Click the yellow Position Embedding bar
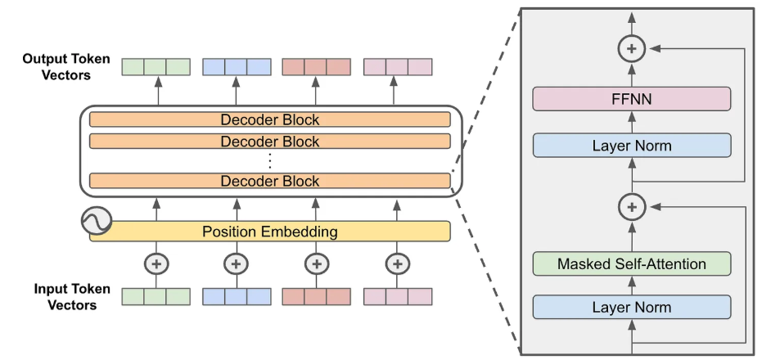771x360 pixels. [x=270, y=232]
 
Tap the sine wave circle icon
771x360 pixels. [x=97, y=220]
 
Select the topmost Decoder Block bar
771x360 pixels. [x=270, y=119]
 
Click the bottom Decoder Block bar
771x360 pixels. [x=270, y=181]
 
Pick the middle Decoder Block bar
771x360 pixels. [x=270, y=141]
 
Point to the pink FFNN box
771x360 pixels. [x=631, y=100]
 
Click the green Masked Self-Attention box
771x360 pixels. [x=631, y=263]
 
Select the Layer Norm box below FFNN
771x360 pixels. [x=631, y=146]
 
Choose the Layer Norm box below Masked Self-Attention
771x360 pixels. [x=631, y=308]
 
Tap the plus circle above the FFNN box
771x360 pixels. [x=631, y=50]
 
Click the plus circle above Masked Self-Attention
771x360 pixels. [x=631, y=208]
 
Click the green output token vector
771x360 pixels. [x=156, y=66]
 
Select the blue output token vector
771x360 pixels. [x=236, y=66]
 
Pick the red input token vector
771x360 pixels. [x=316, y=296]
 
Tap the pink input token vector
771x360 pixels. [x=397, y=296]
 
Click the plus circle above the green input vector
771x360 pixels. [x=156, y=263]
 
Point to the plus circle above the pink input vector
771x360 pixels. [x=397, y=263]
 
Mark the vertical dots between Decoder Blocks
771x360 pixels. [x=270, y=160]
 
